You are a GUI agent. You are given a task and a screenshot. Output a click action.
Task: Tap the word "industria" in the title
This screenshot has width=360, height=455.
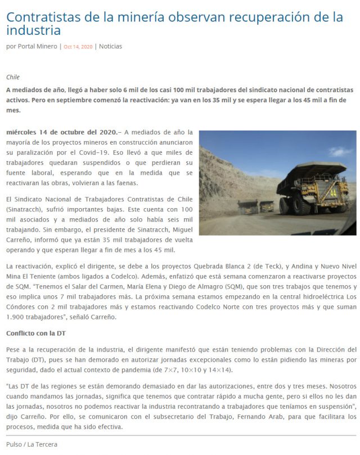pyautogui.click(x=33, y=30)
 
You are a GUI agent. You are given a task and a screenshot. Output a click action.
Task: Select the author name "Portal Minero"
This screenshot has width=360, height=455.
pyautogui.click(x=38, y=47)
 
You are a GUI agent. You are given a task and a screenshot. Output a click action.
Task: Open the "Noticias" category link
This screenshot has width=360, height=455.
pyautogui.click(x=110, y=47)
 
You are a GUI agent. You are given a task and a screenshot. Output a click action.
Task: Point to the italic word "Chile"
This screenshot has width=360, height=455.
pyautogui.click(x=13, y=77)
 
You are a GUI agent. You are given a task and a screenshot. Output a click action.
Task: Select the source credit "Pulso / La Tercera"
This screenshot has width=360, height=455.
pyautogui.click(x=31, y=444)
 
